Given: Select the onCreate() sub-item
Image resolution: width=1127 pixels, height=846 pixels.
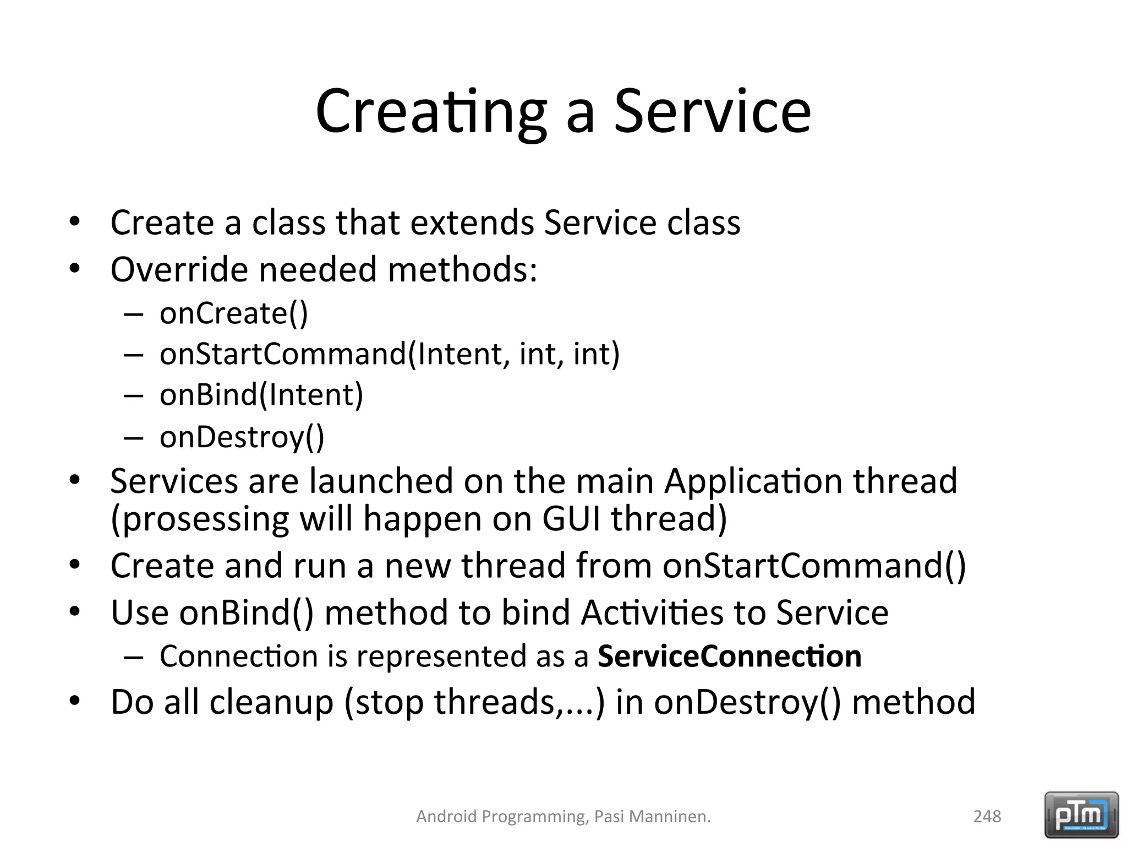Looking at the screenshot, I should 233,313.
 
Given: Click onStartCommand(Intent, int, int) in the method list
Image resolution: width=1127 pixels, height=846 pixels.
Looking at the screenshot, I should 390,354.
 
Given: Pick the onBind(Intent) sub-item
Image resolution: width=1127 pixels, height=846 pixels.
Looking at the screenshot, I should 261,395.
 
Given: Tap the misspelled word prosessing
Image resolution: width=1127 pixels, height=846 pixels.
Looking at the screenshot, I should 200,519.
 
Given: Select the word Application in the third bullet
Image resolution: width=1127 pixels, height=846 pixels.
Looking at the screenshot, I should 753,481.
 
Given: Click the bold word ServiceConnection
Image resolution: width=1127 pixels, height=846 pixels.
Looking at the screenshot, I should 729,656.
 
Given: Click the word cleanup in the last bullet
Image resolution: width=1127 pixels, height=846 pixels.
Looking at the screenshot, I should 271,702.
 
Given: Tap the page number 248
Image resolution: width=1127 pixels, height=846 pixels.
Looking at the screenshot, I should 987,816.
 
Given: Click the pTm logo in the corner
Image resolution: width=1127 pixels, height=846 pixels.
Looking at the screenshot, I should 1081,815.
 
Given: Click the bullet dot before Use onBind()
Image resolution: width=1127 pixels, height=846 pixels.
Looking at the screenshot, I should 75,612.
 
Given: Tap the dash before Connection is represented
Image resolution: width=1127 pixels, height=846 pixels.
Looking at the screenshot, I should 134,657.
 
